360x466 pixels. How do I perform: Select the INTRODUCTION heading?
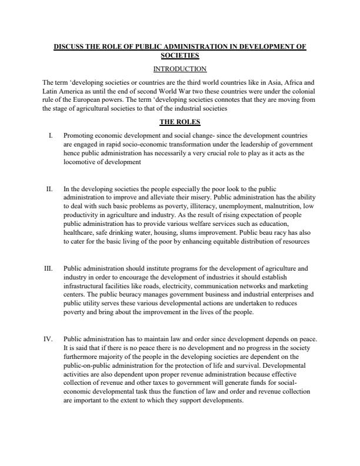[179, 69]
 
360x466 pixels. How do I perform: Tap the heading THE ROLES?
[179, 122]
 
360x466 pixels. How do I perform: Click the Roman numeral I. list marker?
[51, 135]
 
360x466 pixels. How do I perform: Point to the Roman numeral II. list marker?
[49, 189]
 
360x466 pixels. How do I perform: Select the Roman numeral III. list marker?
[49, 268]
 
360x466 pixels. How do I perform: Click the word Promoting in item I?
[78, 135]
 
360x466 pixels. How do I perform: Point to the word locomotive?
[81, 161]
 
